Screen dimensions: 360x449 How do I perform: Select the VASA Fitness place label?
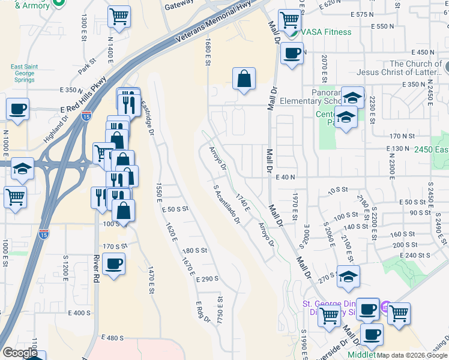point(325,32)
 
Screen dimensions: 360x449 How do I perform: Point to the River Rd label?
point(95,268)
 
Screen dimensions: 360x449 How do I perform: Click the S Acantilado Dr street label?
point(226,205)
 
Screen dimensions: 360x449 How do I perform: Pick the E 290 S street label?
point(207,279)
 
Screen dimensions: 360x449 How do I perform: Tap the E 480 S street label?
point(112,338)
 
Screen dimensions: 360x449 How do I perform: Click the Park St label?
point(88,67)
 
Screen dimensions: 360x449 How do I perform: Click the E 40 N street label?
point(287,177)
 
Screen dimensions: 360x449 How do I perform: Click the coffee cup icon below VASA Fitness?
point(292,53)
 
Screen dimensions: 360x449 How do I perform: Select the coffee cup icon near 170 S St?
point(113,264)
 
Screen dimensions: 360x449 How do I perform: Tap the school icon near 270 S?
point(348,276)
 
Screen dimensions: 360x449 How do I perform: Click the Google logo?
point(20,353)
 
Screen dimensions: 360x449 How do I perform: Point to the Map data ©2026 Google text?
point(412,355)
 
